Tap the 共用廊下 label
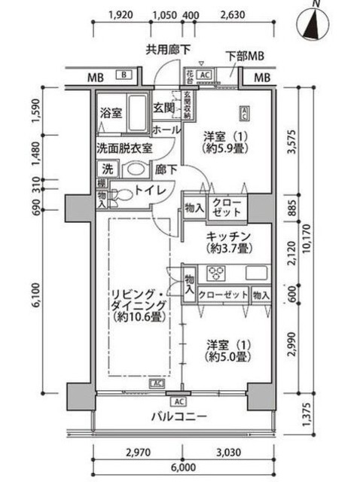click(x=168, y=50)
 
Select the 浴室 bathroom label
click(x=111, y=113)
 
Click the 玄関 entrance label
click(x=164, y=108)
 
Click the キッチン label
click(x=228, y=236)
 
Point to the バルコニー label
click(x=178, y=416)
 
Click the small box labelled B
click(x=124, y=75)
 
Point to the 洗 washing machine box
click(x=108, y=169)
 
